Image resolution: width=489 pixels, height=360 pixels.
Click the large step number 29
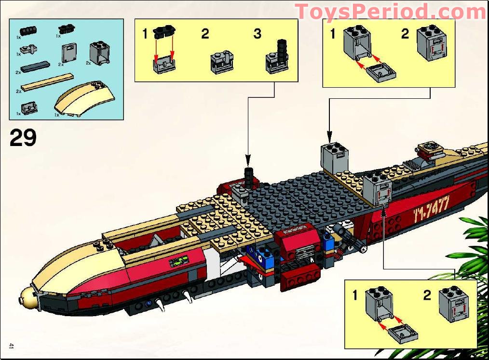(23, 138)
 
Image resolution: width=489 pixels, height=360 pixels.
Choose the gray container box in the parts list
(100, 53)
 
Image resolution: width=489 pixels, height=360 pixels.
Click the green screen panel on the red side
(177, 263)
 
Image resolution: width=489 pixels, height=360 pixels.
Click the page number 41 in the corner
(11, 346)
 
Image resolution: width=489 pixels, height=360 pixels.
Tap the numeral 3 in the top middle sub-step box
(257, 34)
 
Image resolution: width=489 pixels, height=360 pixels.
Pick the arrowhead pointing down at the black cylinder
(247, 159)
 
